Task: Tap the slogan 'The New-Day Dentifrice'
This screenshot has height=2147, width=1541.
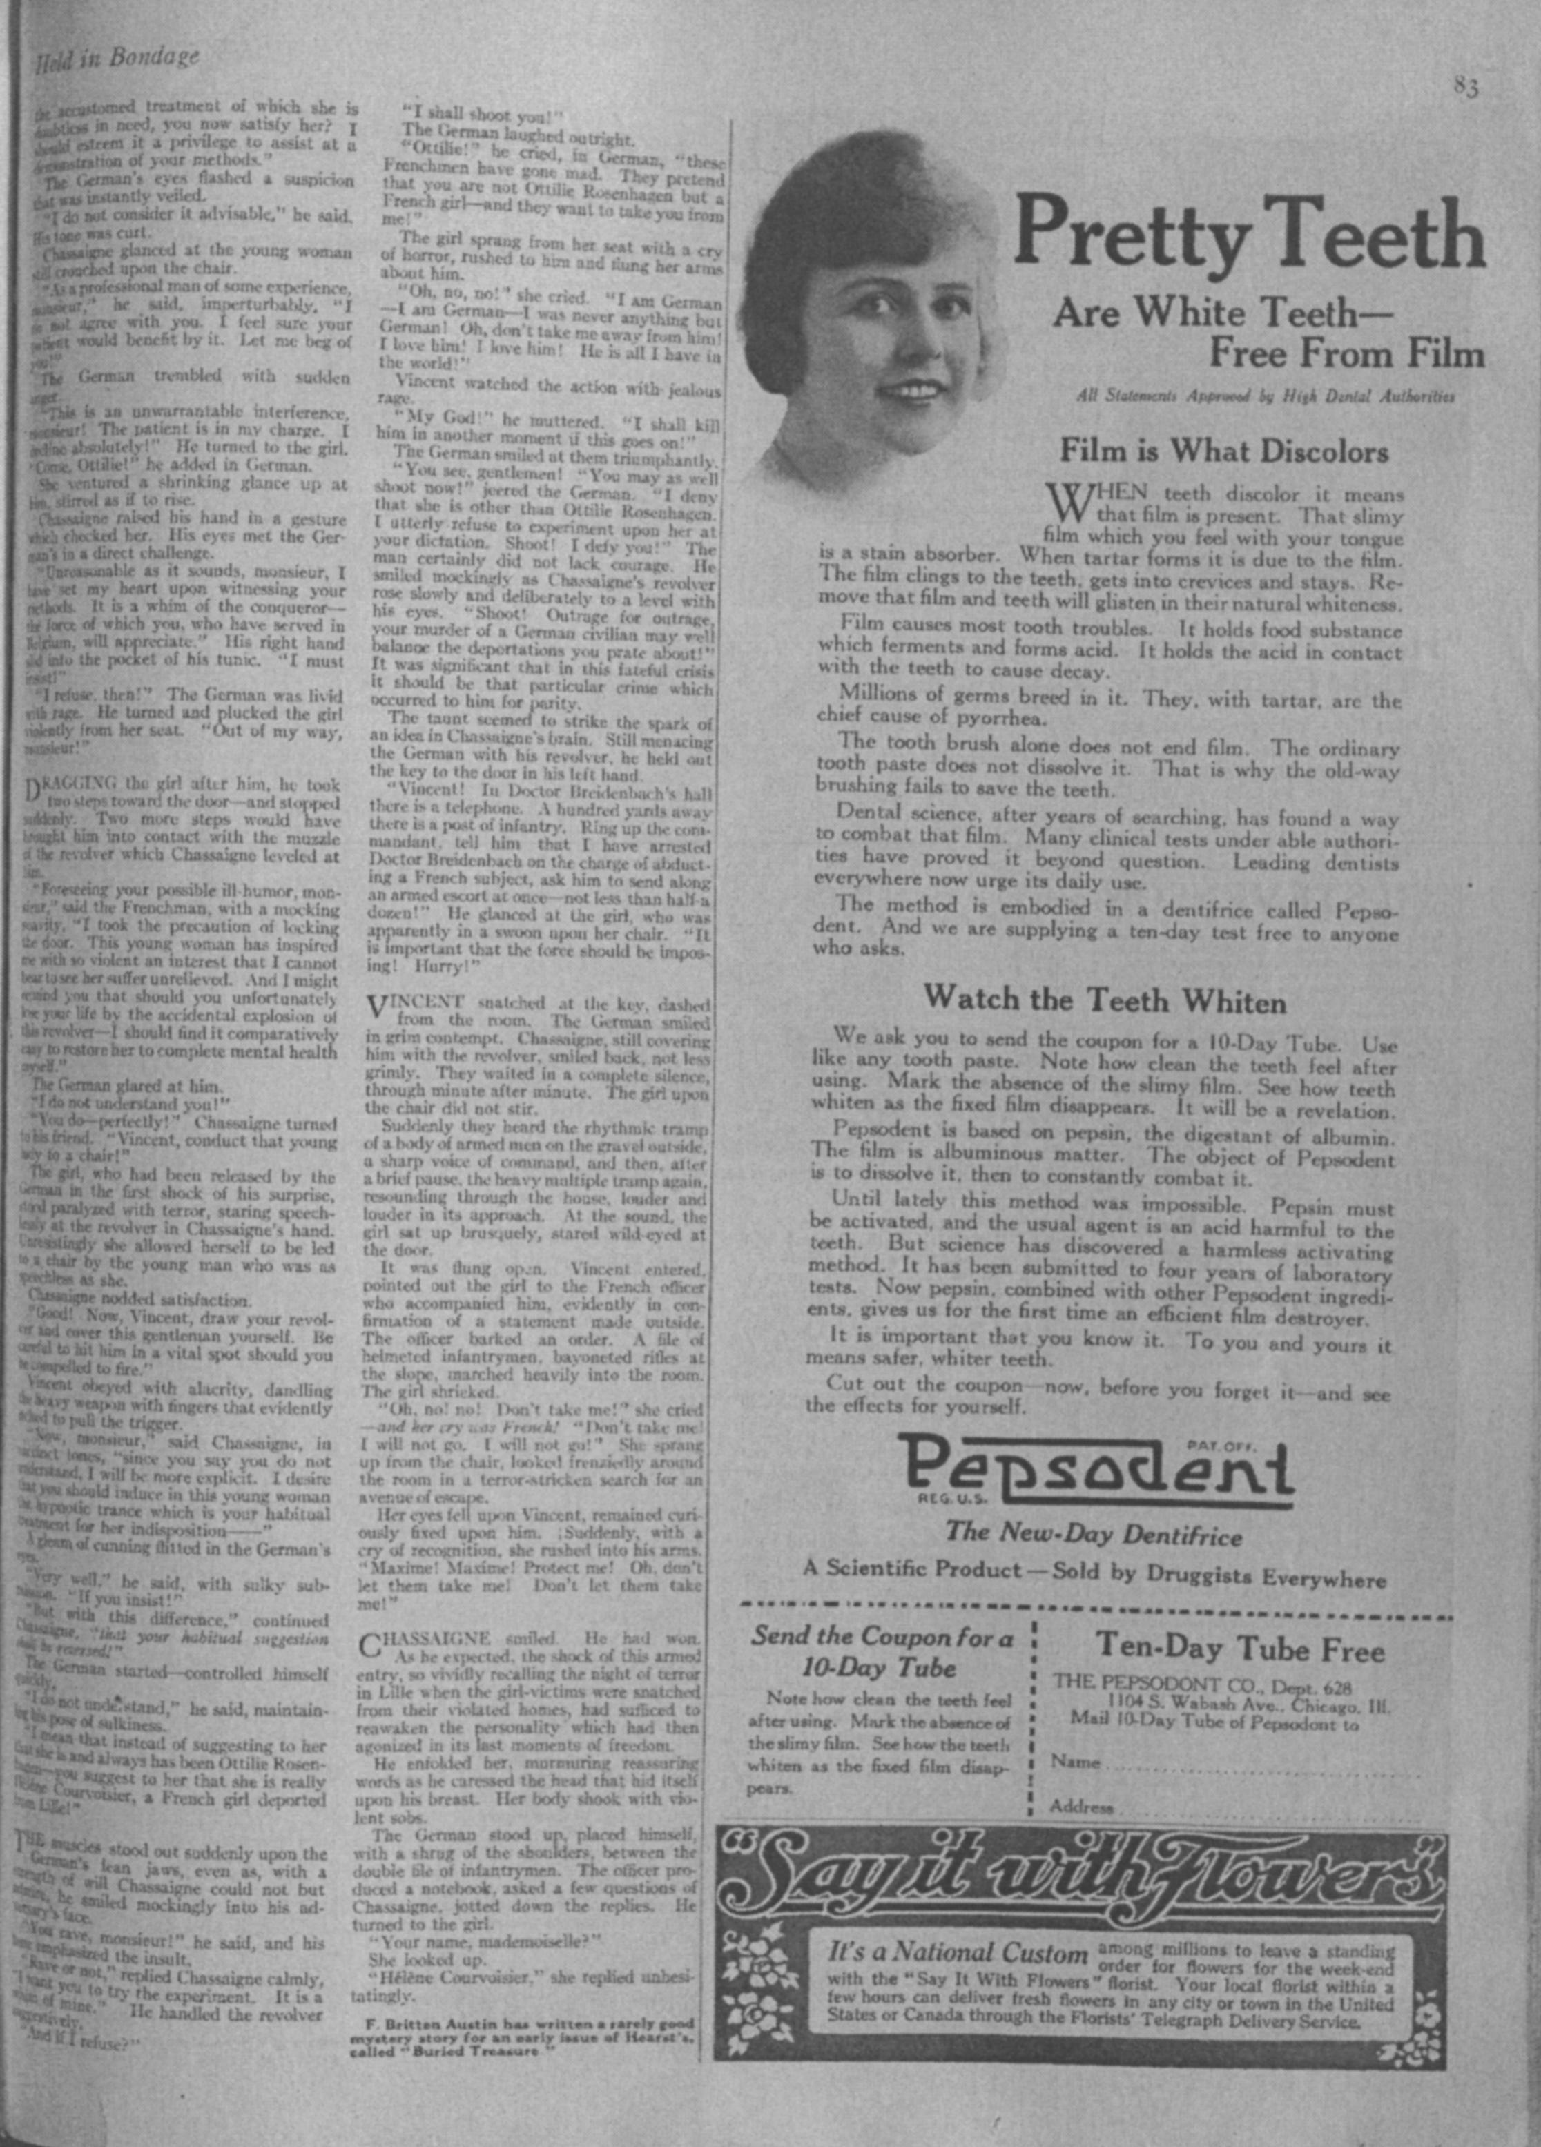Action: pyautogui.click(x=1094, y=1533)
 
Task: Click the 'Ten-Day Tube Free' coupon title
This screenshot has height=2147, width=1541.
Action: pyautogui.click(x=1240, y=1650)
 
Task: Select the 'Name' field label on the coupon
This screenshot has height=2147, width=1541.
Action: pyautogui.click(x=1075, y=1762)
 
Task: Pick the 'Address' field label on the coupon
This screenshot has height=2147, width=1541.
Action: pyautogui.click(x=1081, y=1806)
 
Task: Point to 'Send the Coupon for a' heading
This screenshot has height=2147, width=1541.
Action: pyautogui.click(x=881, y=1637)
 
